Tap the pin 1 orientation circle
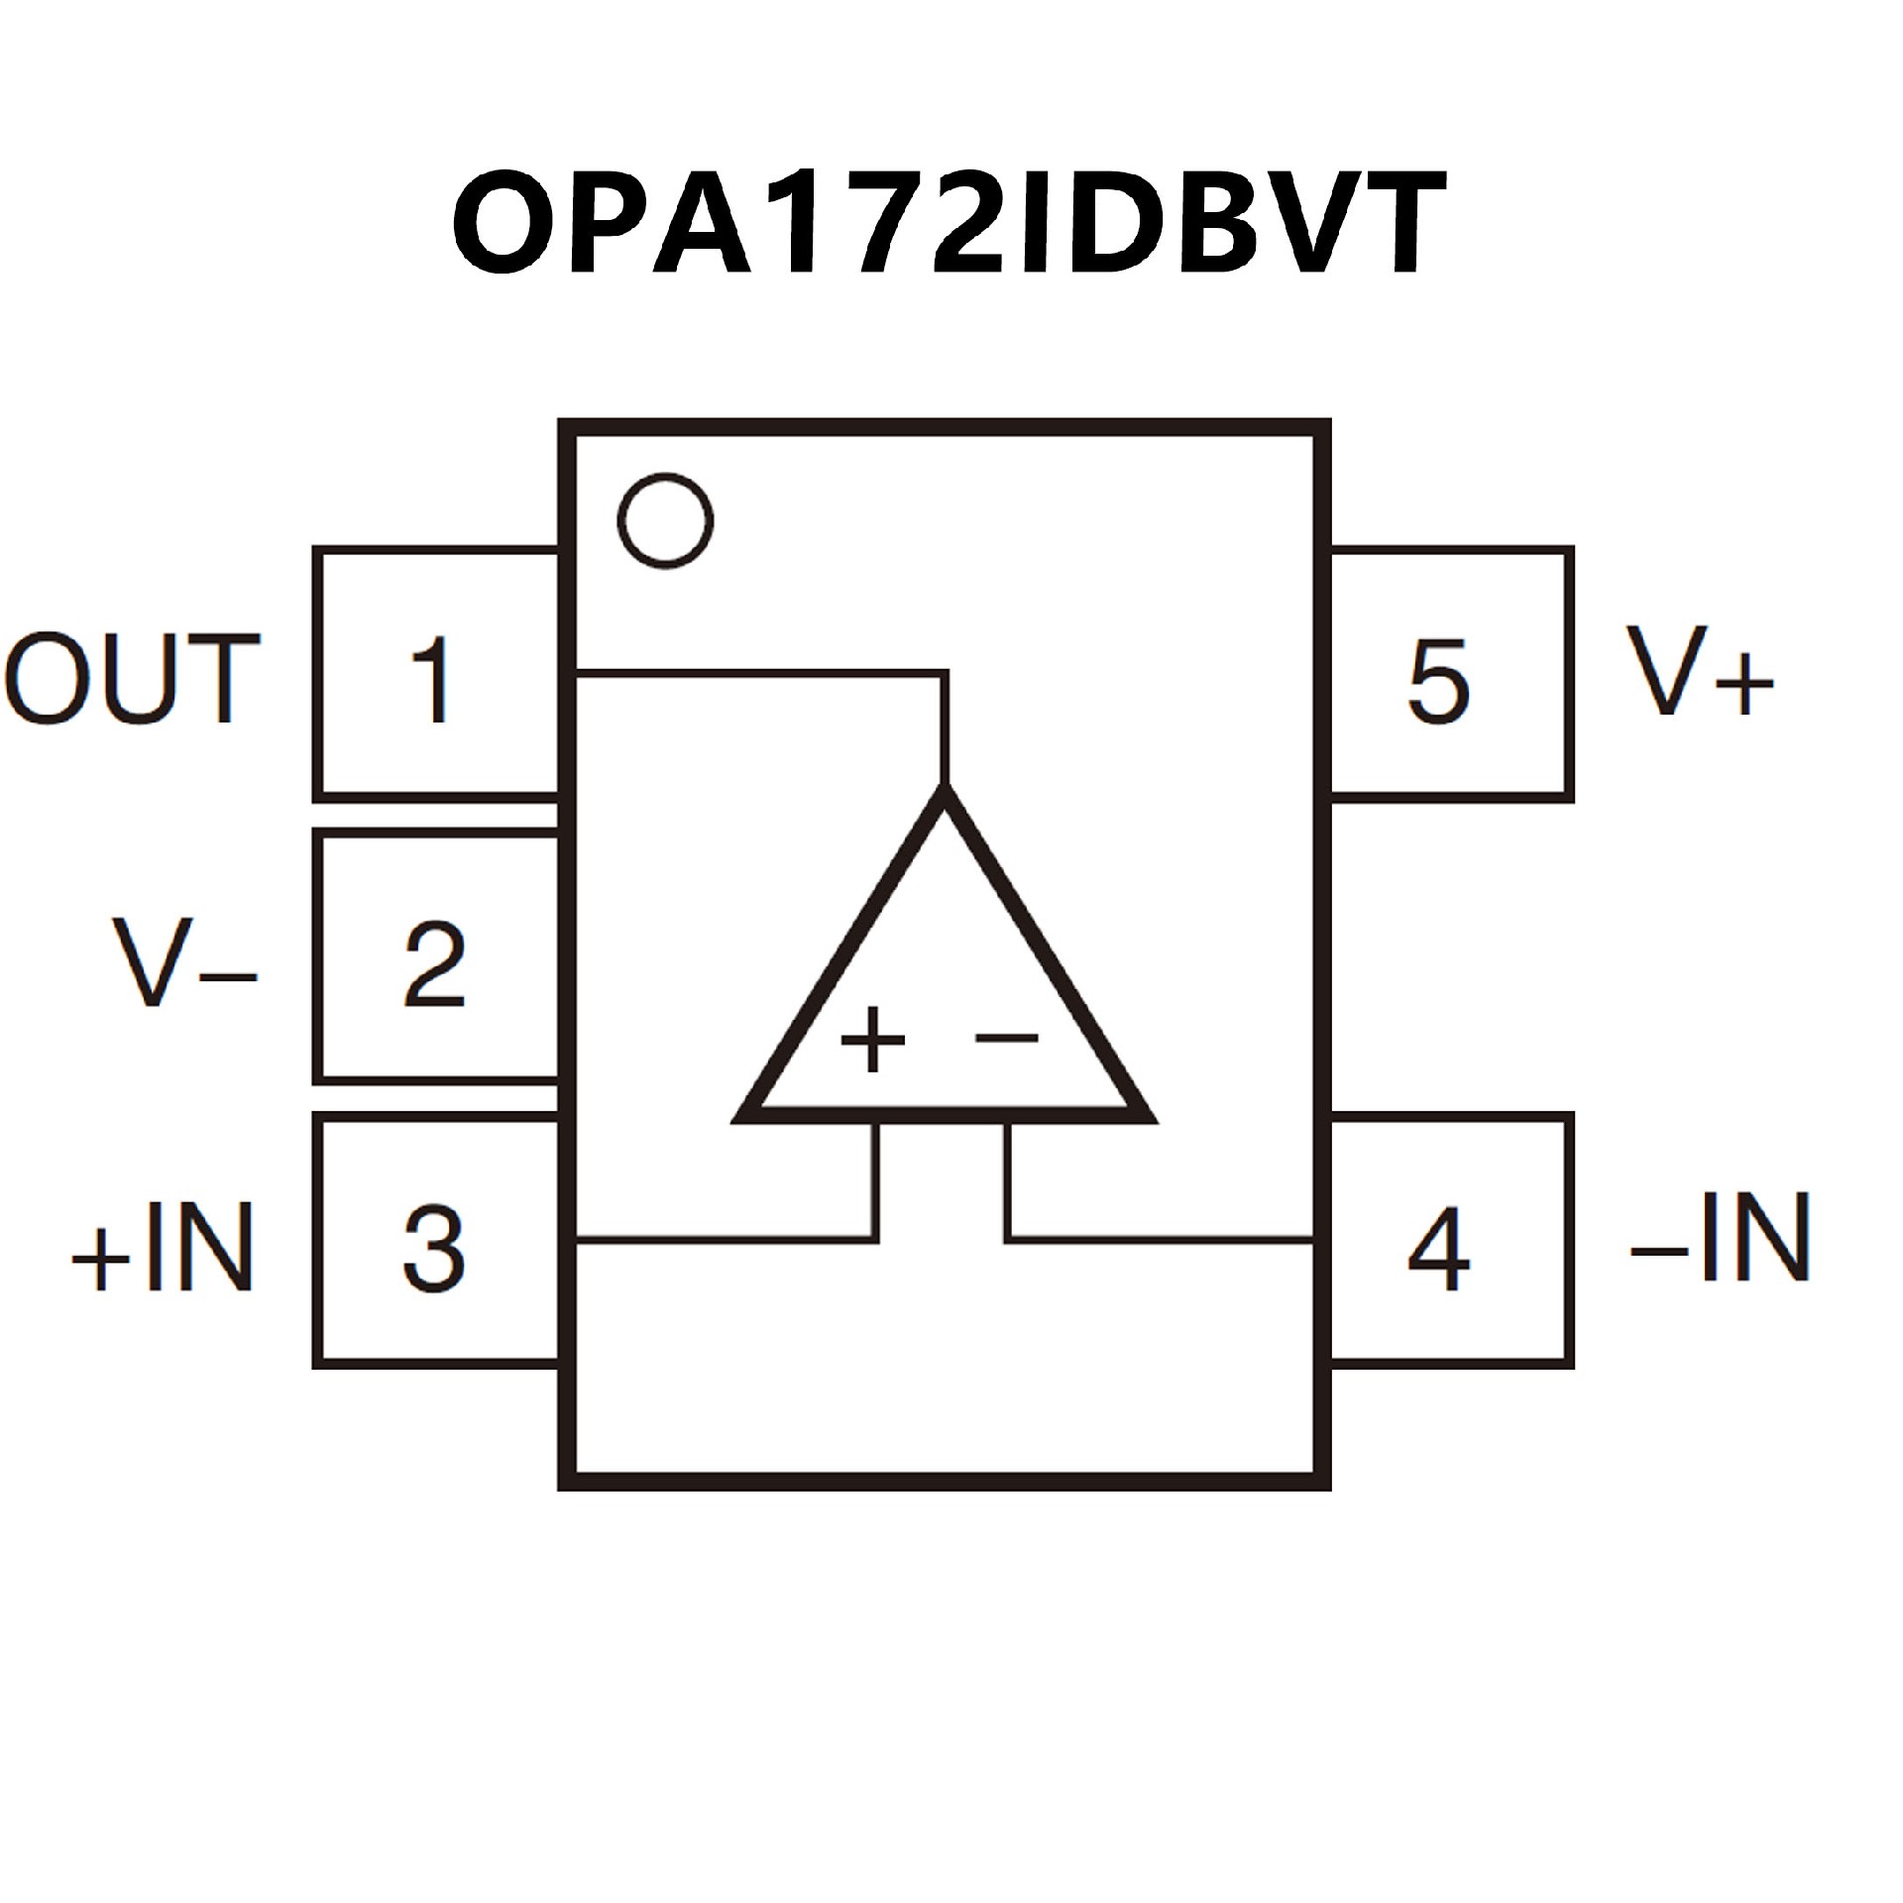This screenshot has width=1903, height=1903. [x=665, y=521]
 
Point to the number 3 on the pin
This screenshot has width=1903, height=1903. [x=434, y=1248]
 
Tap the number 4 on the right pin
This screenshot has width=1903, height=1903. [x=1438, y=1248]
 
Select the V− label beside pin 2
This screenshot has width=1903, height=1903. [x=184, y=962]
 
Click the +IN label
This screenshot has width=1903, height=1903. [x=163, y=1248]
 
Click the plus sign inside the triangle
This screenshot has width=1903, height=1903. [x=872, y=1041]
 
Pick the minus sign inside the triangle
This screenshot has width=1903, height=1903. [x=1007, y=1038]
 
